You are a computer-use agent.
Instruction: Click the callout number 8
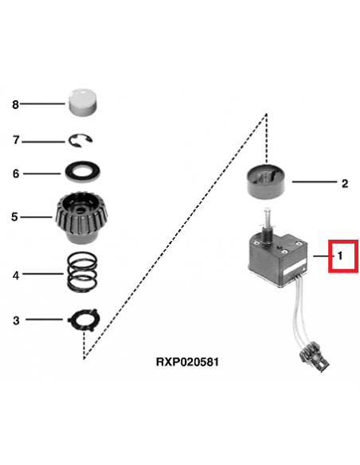(x=15, y=104)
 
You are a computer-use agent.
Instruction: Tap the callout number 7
(x=16, y=139)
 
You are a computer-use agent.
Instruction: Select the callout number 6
(x=16, y=174)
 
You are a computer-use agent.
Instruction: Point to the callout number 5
(x=14, y=217)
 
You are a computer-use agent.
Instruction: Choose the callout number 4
(x=16, y=275)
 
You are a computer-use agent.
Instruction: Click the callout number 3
(x=16, y=320)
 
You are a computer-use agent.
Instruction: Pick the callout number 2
(x=345, y=184)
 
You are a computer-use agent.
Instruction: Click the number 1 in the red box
(x=340, y=256)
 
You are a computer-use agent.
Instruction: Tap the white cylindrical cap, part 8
(x=84, y=102)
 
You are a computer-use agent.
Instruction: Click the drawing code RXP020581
(x=188, y=362)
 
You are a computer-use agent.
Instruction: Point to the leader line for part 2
(x=315, y=182)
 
